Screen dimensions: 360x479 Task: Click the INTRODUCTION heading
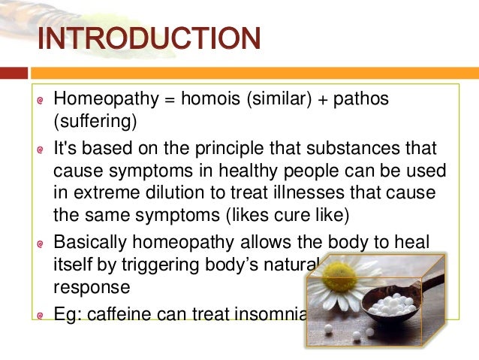pyautogui.click(x=149, y=39)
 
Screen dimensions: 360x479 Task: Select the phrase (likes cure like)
pyautogui.click(x=288, y=216)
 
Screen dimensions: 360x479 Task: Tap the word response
pyautogui.click(x=87, y=286)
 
